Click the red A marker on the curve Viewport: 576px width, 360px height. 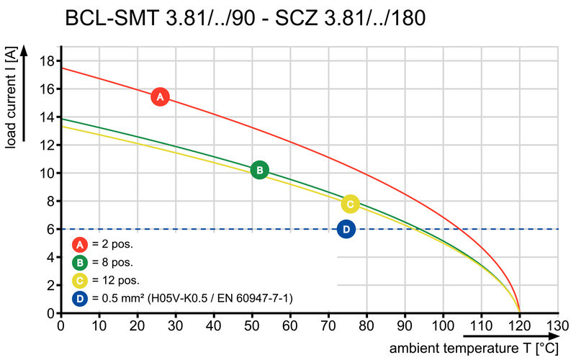click(x=160, y=96)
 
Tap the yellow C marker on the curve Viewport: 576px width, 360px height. click(x=350, y=204)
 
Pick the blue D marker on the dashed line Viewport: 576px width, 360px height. click(x=346, y=229)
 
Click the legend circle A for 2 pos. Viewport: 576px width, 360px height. click(x=80, y=244)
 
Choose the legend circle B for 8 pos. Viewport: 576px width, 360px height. click(x=80, y=262)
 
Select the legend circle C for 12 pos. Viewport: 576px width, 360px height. click(x=80, y=280)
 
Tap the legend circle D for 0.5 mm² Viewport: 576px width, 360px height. click(x=80, y=298)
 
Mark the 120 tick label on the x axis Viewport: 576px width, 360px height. click(x=520, y=325)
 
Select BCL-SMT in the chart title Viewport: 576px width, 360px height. click(x=109, y=18)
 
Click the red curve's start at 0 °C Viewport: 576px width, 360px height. click(x=61, y=68)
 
